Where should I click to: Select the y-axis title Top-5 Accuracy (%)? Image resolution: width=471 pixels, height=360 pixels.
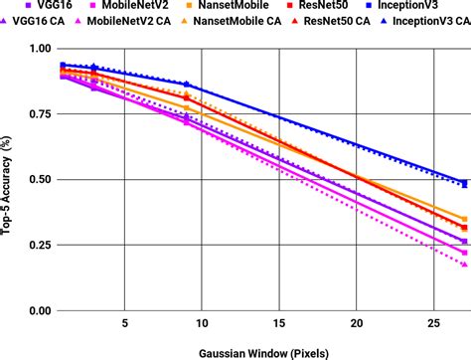click(10, 179)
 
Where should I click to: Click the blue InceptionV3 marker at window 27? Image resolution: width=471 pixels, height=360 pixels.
click(464, 183)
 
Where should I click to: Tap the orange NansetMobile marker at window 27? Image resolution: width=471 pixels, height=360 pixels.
click(464, 219)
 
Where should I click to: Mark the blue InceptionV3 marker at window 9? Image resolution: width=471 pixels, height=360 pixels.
click(186, 86)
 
